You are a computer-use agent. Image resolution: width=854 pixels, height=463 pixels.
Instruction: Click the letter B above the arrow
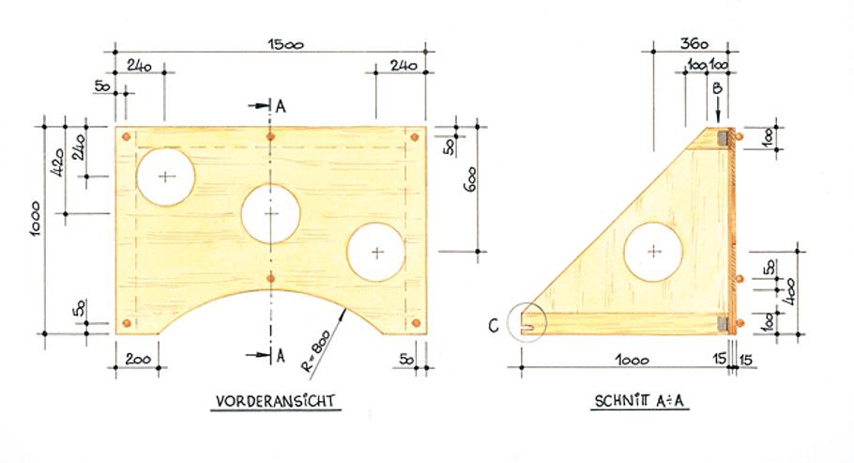click(x=718, y=89)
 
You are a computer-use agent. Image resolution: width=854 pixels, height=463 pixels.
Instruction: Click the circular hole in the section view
click(x=655, y=251)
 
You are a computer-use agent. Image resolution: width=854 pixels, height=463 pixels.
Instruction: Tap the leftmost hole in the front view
click(x=166, y=176)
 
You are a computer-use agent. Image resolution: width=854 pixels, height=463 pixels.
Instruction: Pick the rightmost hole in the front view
click(x=376, y=252)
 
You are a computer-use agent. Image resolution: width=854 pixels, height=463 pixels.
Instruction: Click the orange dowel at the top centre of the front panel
click(x=271, y=137)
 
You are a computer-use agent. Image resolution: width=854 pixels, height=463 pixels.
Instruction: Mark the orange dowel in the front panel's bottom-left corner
click(x=127, y=324)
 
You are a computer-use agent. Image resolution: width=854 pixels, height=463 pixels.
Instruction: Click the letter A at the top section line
click(x=280, y=105)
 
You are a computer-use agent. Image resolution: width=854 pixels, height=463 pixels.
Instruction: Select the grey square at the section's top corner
click(x=724, y=138)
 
